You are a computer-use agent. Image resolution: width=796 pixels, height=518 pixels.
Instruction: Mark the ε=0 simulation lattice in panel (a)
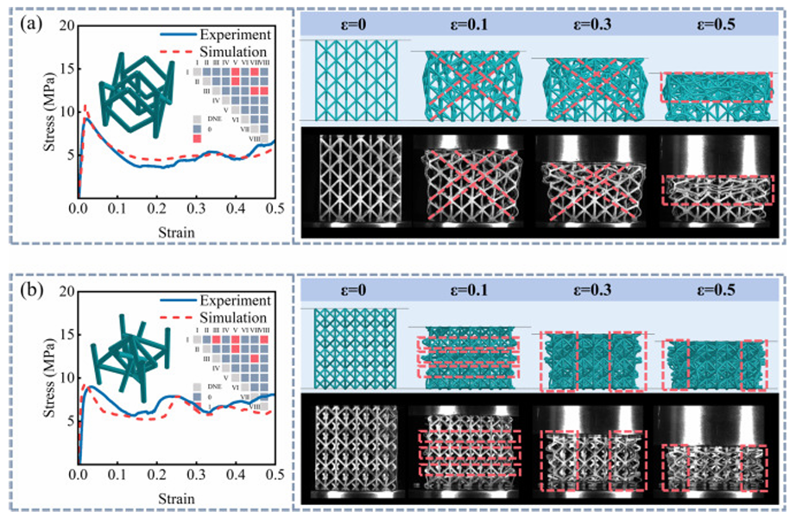tap(356, 79)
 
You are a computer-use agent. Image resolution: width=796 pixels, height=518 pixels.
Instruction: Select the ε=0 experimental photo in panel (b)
tap(356, 451)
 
